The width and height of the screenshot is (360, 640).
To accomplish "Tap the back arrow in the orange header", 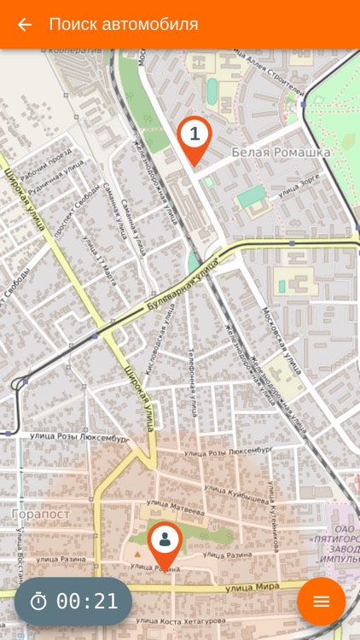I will (x=25, y=25).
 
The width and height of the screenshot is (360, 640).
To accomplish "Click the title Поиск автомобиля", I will (x=124, y=25).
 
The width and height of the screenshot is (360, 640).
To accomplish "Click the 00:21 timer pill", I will (x=73, y=601).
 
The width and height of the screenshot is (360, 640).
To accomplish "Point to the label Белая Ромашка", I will (x=292, y=153).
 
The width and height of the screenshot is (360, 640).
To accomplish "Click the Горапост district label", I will (x=41, y=514).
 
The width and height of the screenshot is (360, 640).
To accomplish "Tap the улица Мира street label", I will (x=254, y=587).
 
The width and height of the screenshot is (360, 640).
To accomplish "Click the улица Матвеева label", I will (x=176, y=511).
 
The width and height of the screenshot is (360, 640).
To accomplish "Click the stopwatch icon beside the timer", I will (x=38, y=601).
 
